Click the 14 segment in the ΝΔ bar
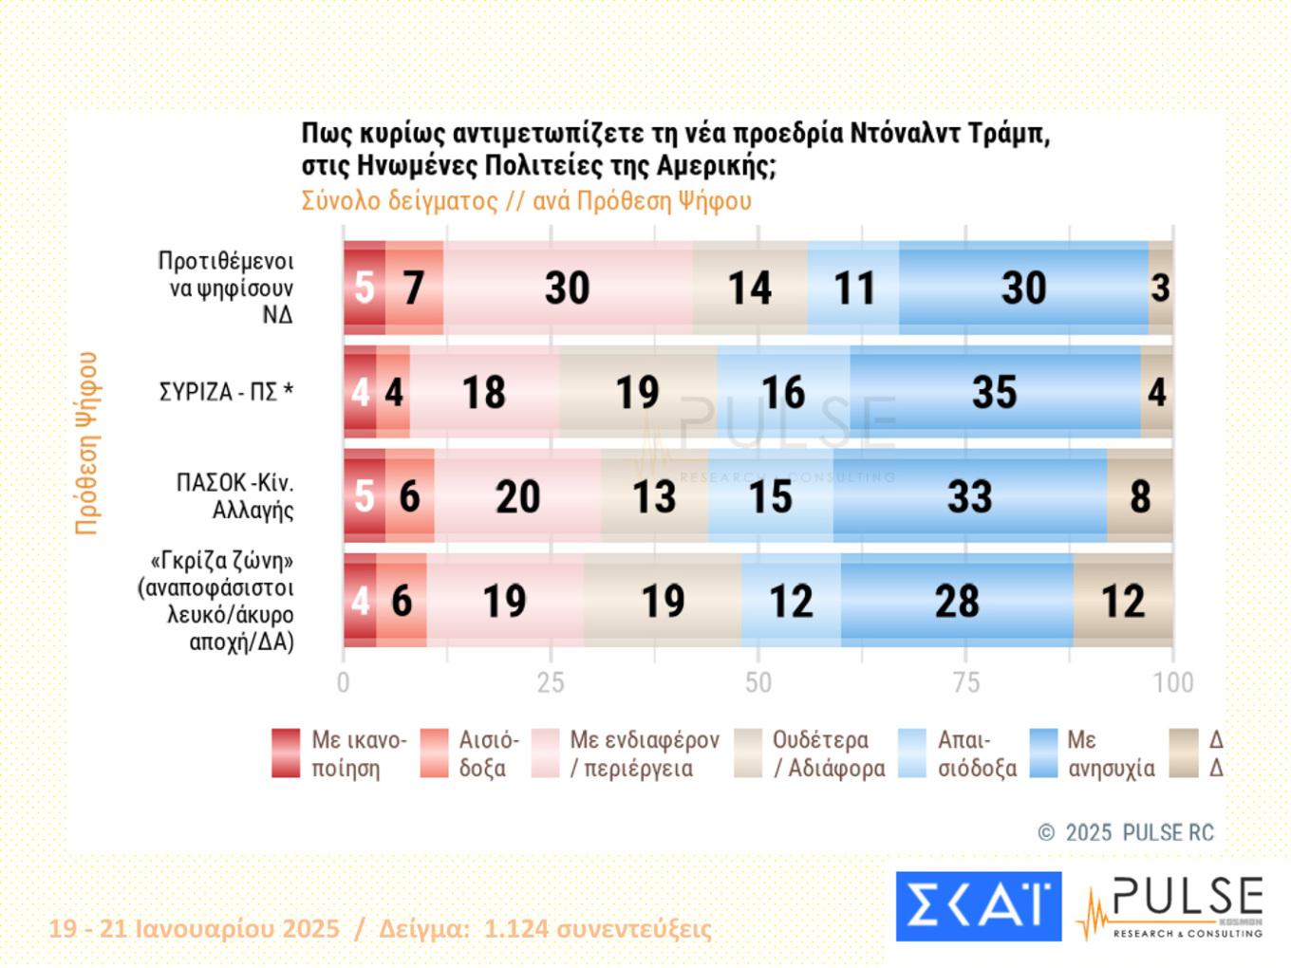tap(750, 289)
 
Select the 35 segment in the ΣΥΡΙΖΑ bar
tap(995, 393)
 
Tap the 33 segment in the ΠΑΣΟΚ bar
tap(969, 497)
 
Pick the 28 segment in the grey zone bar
tap(957, 602)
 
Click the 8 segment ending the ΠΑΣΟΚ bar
tap(1140, 497)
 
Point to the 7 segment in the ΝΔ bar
tap(414, 289)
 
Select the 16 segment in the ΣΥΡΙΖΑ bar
tap(783, 393)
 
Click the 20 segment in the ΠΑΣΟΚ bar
tap(517, 497)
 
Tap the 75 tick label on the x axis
tap(965, 682)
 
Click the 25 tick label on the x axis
tap(551, 682)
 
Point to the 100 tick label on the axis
tap(1173, 682)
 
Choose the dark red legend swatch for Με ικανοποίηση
tap(286, 754)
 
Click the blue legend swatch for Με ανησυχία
tap(1043, 754)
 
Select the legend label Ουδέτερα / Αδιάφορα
tap(829, 754)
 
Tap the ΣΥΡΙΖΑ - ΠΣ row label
tap(226, 392)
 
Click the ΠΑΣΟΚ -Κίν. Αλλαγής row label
tap(235, 496)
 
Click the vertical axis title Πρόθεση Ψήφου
tap(86, 443)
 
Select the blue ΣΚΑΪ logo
tap(979, 906)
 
